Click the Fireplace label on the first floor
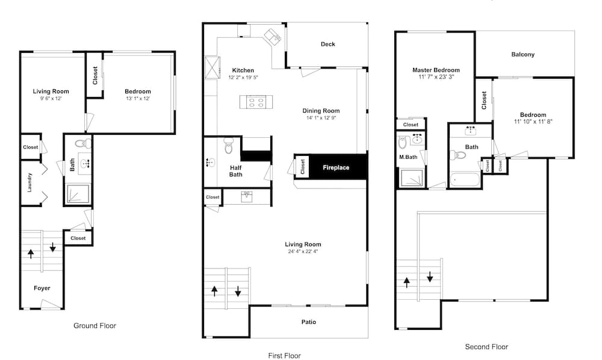(x=336, y=168)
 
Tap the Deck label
(x=328, y=44)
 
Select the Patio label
(x=309, y=322)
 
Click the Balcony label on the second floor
(x=523, y=55)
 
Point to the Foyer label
(x=42, y=288)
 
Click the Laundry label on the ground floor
(x=30, y=182)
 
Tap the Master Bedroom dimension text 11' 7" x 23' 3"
(x=436, y=77)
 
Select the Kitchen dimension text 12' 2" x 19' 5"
(x=243, y=77)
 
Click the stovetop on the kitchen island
(x=256, y=102)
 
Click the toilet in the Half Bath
(x=229, y=146)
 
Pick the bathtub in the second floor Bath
(x=465, y=179)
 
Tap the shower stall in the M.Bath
(x=412, y=178)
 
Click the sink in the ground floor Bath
(x=85, y=163)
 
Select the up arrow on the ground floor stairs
(x=31, y=253)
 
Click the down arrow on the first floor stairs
(x=238, y=291)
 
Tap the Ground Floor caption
(x=95, y=326)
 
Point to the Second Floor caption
(x=486, y=347)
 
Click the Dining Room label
(x=321, y=111)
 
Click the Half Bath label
(x=236, y=171)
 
